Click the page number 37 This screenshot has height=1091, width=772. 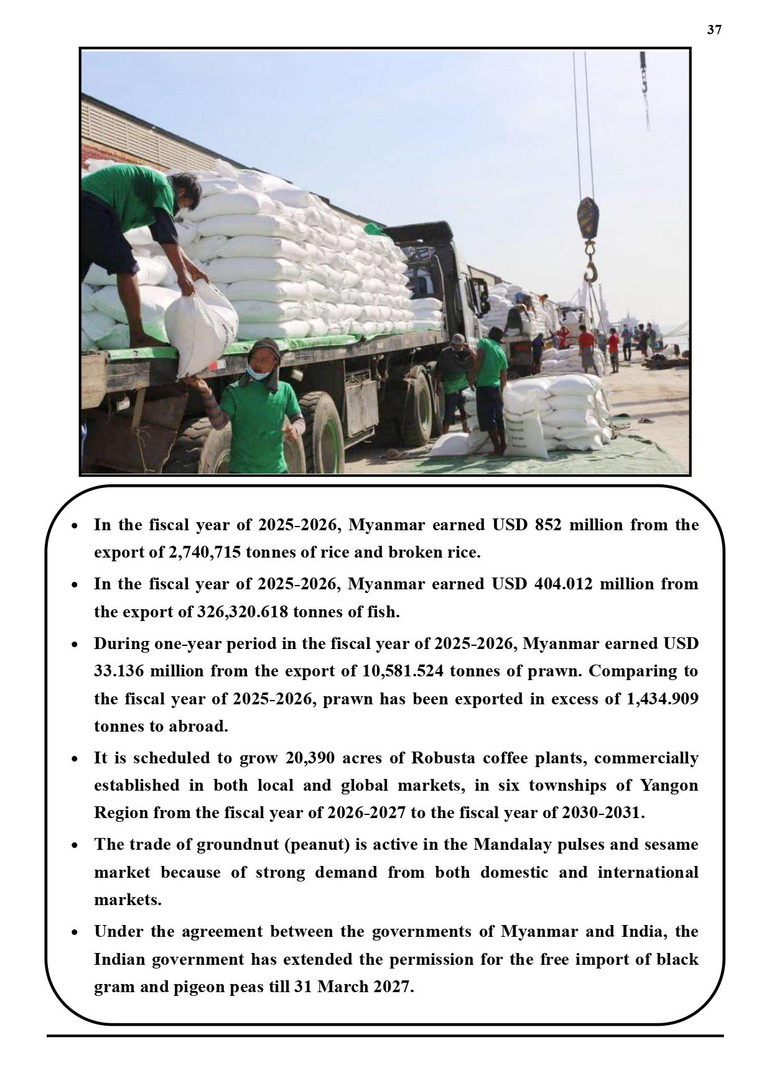714,30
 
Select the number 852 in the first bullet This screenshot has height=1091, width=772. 547,525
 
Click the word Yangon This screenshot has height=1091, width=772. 669,786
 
